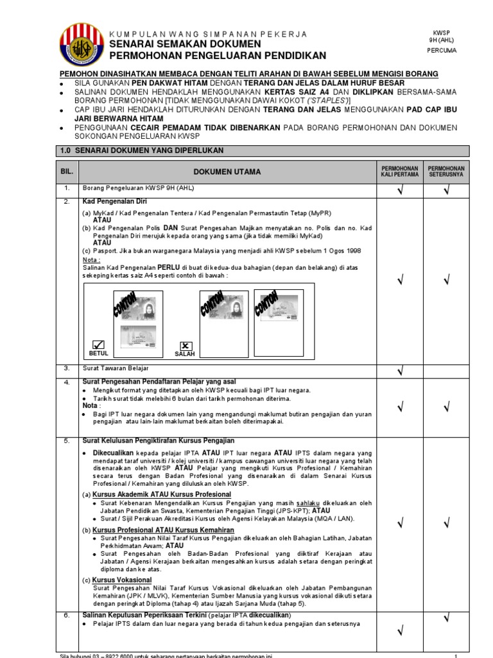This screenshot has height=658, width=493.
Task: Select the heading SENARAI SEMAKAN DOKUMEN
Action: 186,44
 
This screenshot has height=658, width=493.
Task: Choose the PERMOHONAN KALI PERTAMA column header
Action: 399,172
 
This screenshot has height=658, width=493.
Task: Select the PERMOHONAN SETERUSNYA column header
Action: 446,172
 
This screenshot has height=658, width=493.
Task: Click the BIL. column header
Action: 67,172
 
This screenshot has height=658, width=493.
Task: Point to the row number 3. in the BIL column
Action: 66,368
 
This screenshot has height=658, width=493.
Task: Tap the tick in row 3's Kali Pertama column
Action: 399,370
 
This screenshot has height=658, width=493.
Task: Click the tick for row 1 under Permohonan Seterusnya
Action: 446,189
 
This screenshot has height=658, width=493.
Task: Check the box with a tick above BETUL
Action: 98,344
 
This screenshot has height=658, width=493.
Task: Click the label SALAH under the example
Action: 184,354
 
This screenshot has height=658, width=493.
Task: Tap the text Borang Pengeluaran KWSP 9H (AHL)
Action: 138,188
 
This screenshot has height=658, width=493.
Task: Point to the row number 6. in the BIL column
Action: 66,616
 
